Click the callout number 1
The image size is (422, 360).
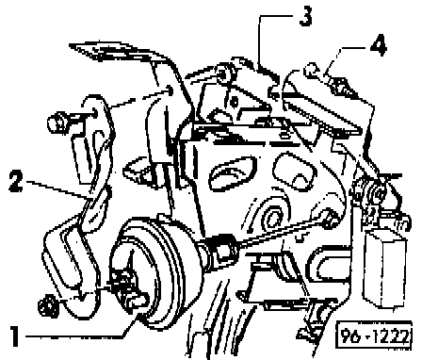[14, 335]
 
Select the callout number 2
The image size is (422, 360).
[16, 180]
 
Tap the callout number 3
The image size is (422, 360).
[306, 16]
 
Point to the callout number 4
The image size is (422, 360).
[379, 46]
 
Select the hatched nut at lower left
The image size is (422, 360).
[48, 305]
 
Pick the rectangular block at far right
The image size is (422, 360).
[384, 267]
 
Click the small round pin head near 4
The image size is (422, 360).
[310, 70]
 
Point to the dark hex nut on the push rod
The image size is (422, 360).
[223, 248]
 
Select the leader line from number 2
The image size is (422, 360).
[57, 189]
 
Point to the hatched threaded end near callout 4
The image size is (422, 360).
[341, 87]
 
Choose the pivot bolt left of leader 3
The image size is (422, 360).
[223, 74]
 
